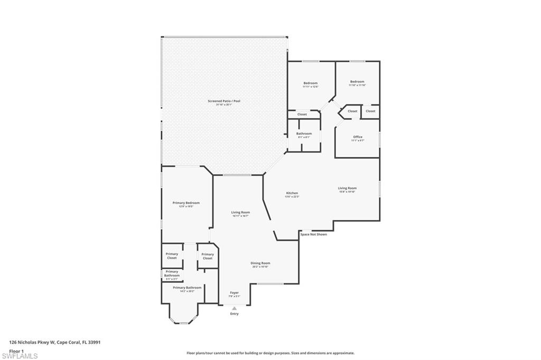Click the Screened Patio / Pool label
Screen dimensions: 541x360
[x=224, y=101]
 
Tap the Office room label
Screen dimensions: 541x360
[x=358, y=137]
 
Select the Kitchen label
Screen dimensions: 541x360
[x=292, y=193]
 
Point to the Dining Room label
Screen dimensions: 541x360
[x=260, y=263]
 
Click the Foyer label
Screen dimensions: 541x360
[x=234, y=292]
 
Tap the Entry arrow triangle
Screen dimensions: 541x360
[x=234, y=308]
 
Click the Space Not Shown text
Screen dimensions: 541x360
[x=313, y=234]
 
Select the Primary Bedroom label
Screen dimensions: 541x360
[x=186, y=203]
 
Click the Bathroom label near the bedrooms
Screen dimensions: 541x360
[x=304, y=134]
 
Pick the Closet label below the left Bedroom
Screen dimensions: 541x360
[x=302, y=115]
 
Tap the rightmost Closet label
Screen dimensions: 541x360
[x=370, y=111]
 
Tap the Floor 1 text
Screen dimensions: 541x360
[x=17, y=350]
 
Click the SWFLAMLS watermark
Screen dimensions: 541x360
[x=20, y=356]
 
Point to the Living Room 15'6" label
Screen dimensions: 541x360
[x=348, y=188]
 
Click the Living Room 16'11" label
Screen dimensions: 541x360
[x=240, y=212]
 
